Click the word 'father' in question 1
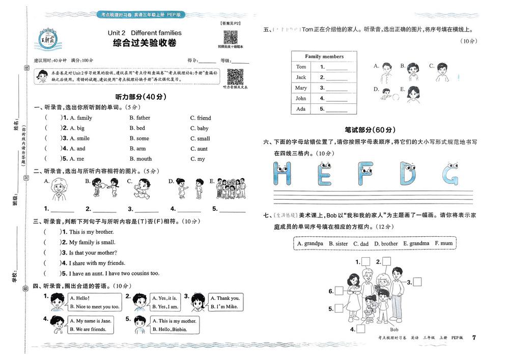pos(143,118)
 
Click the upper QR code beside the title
pos(231,38)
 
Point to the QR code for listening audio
pos(235,77)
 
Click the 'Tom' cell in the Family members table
pos(301,67)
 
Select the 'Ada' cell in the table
pos(301,109)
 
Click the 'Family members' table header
pos(324,57)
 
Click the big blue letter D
pos(407,173)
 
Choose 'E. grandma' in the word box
pos(416,243)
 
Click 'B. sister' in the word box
pos(338,243)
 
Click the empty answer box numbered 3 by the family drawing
pos(417,282)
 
